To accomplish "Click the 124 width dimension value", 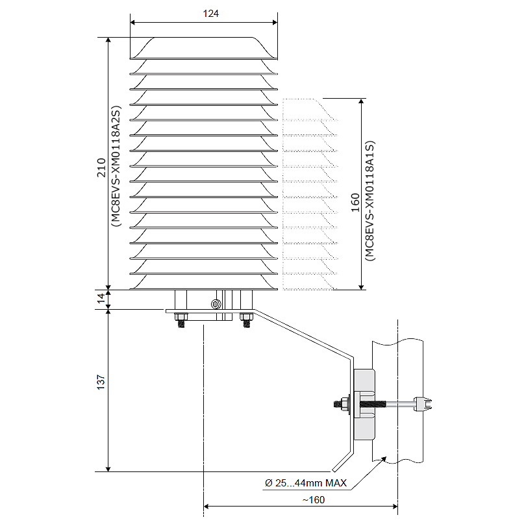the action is pos(210,14).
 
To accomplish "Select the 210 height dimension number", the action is pos(101,168).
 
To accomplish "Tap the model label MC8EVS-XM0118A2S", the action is pos(116,166).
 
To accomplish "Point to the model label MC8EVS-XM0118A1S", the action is pos(369,201).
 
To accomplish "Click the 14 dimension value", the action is pos(101,298).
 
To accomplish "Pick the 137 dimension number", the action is pos(101,382).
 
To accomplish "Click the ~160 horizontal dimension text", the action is pos(313,500).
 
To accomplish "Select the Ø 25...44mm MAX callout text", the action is pos(306,482).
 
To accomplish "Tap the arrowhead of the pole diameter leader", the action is pos(383,459).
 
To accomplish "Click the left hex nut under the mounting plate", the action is pos(181,317).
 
